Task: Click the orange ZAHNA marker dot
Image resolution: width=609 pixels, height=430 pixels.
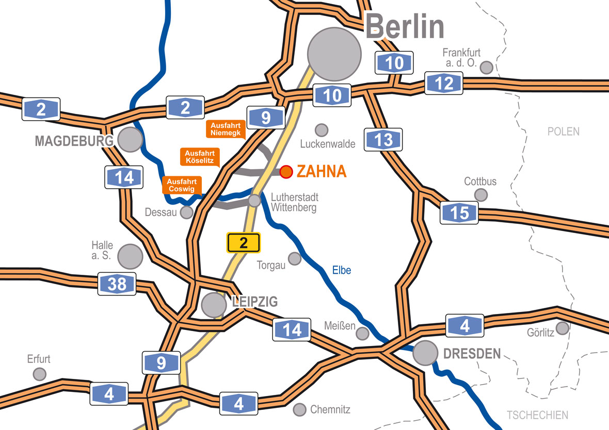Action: tap(286, 172)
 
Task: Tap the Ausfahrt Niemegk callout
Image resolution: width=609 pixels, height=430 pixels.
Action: tap(226, 129)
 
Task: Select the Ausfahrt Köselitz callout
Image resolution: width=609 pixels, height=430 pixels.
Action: tap(200, 157)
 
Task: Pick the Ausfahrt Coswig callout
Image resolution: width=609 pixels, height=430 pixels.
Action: tap(181, 185)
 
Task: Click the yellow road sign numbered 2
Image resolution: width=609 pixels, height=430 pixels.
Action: tap(244, 242)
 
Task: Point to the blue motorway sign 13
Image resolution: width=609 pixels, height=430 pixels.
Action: tap(383, 140)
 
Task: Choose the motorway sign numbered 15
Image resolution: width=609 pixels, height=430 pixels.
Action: tap(459, 213)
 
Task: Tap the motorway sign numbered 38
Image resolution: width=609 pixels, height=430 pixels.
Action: tap(117, 284)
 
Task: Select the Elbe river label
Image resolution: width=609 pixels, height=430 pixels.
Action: tap(342, 270)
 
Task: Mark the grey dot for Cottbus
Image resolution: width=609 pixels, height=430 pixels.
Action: tap(480, 195)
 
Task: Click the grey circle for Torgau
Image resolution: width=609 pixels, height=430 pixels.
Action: tap(295, 259)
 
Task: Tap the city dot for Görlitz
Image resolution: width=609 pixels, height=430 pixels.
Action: tap(563, 328)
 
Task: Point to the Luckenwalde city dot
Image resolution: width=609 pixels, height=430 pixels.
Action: tap(322, 130)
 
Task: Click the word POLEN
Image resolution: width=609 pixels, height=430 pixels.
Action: tap(564, 131)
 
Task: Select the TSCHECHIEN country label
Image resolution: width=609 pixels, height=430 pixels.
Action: tap(537, 415)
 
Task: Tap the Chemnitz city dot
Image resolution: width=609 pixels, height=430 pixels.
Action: tap(299, 410)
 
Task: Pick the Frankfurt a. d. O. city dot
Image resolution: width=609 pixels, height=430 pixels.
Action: tap(486, 68)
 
